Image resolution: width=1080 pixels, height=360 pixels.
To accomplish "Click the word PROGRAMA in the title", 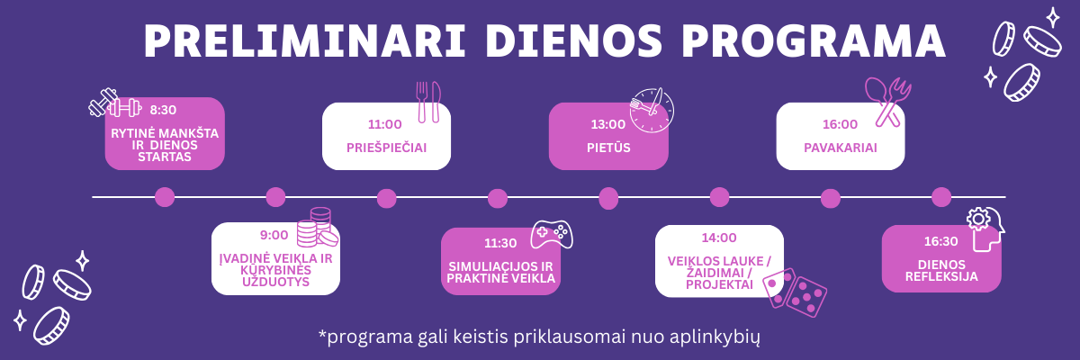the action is tap(814, 40).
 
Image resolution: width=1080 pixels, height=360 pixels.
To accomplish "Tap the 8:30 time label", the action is tap(163, 111).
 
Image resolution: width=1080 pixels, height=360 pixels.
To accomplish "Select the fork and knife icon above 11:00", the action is tap(428, 102).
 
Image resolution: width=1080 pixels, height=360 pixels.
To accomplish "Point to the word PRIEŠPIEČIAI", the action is tap(387, 148).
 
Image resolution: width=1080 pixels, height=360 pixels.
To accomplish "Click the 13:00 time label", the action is tap(608, 124).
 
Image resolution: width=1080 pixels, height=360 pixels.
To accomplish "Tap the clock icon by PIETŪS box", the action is tap(652, 111).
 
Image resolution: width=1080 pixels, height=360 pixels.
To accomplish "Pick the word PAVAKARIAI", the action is tap(841, 148).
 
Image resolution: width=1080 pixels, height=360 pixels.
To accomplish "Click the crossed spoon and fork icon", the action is tap(888, 103).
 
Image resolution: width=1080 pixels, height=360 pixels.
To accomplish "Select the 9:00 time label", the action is tap(274, 235).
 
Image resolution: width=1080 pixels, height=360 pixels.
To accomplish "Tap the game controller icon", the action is tap(552, 235).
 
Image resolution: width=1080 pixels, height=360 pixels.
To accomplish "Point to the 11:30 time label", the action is tap(500, 243).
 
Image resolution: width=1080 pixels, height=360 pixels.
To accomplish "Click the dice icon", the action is tap(794, 292).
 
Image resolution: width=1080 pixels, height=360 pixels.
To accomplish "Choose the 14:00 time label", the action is tap(719, 238).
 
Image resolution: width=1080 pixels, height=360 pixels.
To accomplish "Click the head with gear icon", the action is tap(986, 229).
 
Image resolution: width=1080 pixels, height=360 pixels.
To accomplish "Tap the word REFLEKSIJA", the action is tap(941, 276).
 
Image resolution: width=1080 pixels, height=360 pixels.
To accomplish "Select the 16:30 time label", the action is tap(940, 241).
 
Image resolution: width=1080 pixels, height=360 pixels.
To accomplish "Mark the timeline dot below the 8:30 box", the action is tap(165, 197).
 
